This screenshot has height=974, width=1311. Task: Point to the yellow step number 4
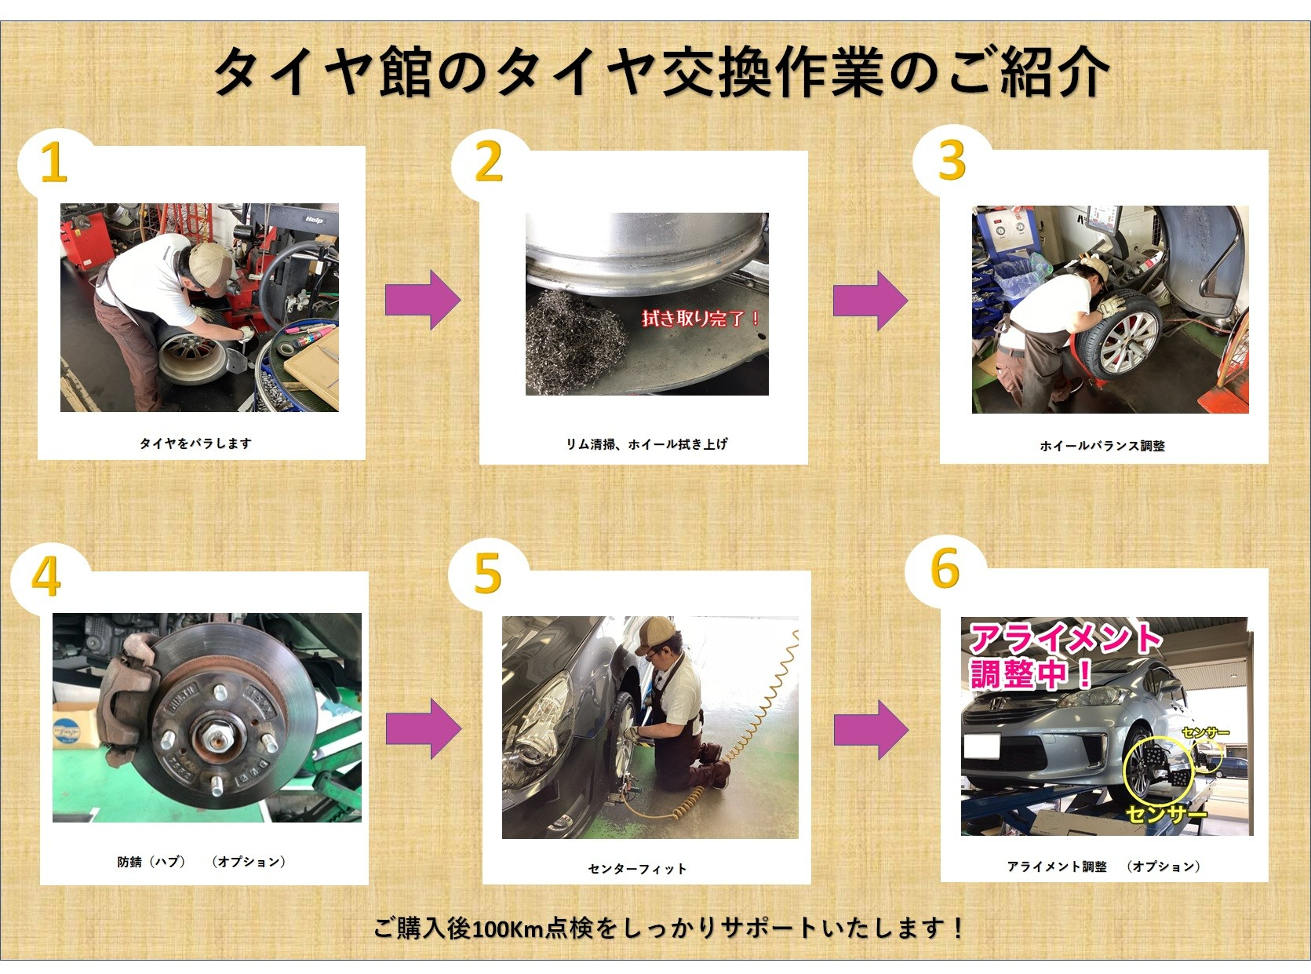pos(46,576)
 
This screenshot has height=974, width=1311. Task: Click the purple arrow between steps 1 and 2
pos(423,300)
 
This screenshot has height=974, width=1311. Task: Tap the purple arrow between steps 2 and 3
pos(871,301)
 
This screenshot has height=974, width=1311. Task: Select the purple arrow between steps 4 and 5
pos(423,728)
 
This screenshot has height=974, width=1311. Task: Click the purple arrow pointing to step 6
pos(871,730)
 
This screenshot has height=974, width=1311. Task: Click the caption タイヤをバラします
pos(195,443)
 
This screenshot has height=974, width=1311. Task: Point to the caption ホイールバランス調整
pos(1102,445)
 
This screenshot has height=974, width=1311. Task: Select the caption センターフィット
pos(637,869)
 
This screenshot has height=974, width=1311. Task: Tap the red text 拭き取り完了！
pos(701,319)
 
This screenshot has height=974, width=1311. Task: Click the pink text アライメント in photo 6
pos(1065,640)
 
